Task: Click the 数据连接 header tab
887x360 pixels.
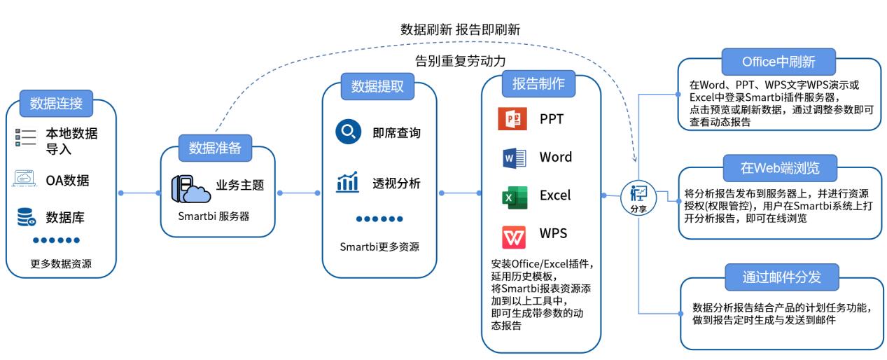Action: pos(56,104)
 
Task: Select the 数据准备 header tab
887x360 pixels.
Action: pos(215,148)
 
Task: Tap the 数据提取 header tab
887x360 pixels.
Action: pos(377,86)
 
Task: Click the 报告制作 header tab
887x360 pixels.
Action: pos(538,83)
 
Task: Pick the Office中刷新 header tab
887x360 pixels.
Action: pos(778,62)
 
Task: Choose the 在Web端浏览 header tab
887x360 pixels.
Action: pos(780,168)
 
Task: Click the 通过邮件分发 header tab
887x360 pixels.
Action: pos(781,277)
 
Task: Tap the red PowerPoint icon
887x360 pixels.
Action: pos(512,119)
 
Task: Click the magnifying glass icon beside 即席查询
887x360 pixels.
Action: pos(348,132)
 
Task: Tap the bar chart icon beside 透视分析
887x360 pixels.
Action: pos(347,184)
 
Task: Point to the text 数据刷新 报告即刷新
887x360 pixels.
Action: pos(460,29)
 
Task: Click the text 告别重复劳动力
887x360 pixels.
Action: pos(460,60)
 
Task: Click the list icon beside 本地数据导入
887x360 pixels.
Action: pos(26,137)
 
